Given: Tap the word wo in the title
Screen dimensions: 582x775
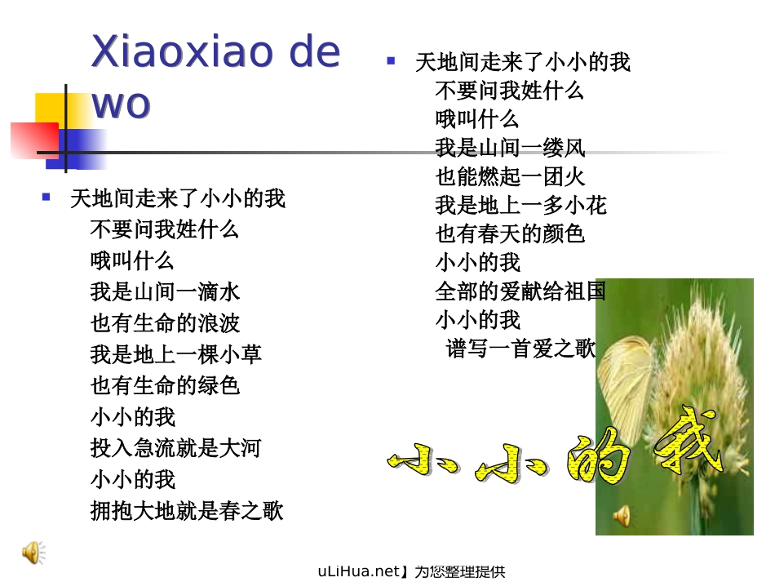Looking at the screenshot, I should click(x=121, y=104).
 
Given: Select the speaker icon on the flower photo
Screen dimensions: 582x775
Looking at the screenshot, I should click(x=622, y=516).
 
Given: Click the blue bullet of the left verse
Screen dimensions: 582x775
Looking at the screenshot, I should click(x=46, y=197).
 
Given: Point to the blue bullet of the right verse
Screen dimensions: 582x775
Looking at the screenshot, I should click(x=391, y=60).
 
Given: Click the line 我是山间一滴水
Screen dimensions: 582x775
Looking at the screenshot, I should click(x=165, y=291).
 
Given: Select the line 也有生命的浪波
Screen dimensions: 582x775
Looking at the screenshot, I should click(x=165, y=322).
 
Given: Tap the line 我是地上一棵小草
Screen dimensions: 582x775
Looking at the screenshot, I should click(x=175, y=353).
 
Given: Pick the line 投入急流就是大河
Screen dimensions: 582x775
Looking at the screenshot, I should click(x=175, y=447).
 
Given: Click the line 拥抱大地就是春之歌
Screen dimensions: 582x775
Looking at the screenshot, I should click(x=187, y=511).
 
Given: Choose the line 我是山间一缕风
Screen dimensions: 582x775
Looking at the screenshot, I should click(x=510, y=148).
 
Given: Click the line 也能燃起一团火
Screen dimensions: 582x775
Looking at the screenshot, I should click(x=510, y=176).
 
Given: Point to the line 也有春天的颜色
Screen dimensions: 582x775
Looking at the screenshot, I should click(x=510, y=233).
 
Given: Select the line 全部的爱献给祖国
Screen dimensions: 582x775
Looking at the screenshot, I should click(x=520, y=291).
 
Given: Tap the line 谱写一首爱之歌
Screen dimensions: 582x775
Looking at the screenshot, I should click(x=521, y=349).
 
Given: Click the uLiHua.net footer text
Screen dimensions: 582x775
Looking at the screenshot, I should click(x=411, y=571).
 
